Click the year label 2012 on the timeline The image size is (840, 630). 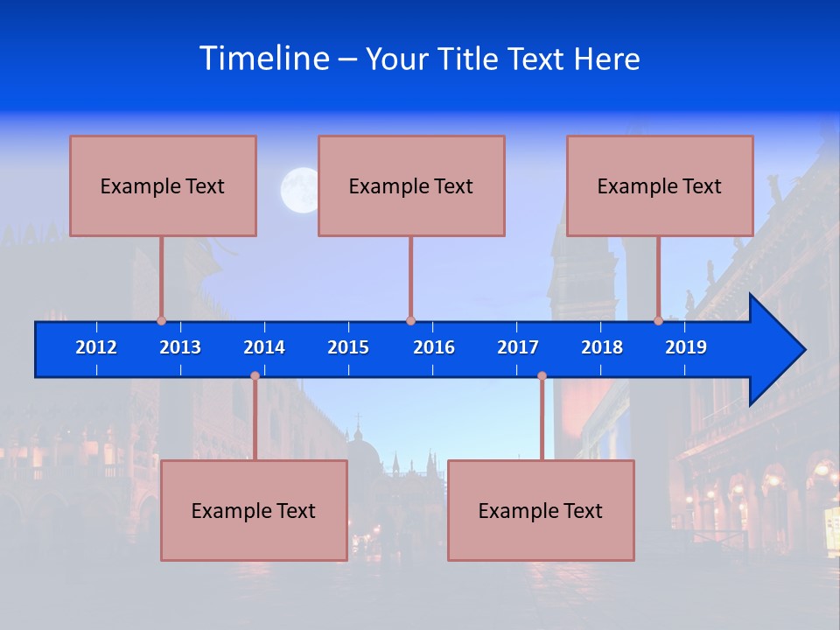pyautogui.click(x=96, y=347)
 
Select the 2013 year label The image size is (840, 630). pyautogui.click(x=180, y=347)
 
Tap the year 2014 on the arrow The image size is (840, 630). pyautogui.click(x=264, y=347)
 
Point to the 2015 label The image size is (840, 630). pyautogui.click(x=348, y=347)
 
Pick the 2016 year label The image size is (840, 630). pyautogui.click(x=434, y=347)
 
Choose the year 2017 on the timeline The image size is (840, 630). pyautogui.click(x=518, y=347)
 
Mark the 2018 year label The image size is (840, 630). pyautogui.click(x=602, y=347)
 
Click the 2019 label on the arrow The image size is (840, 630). pyautogui.click(x=686, y=347)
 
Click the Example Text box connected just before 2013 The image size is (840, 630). pyautogui.click(x=163, y=185)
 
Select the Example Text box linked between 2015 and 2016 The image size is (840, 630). pyautogui.click(x=411, y=185)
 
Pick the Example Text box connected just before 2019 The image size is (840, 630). pyautogui.click(x=660, y=185)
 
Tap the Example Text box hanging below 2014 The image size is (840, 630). pyautogui.click(x=254, y=510)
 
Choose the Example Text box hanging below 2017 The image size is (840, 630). pyautogui.click(x=541, y=510)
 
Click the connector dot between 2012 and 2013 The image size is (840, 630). pyautogui.click(x=161, y=321)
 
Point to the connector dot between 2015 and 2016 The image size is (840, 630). pyautogui.click(x=410, y=321)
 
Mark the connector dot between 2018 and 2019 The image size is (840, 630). pyautogui.click(x=659, y=321)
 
